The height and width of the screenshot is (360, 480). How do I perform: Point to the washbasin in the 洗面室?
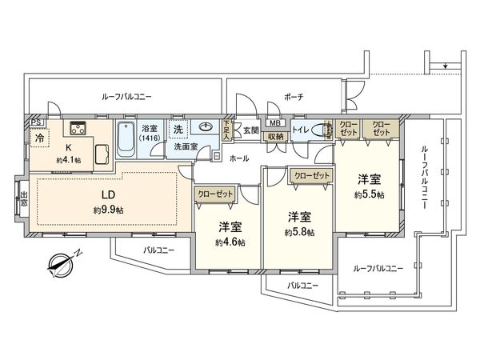[204, 128]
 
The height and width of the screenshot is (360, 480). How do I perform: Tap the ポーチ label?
[294, 96]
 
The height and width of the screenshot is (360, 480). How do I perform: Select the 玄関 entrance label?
[250, 130]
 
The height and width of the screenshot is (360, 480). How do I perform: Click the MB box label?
[274, 123]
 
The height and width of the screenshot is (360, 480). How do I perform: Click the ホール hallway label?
[238, 158]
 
